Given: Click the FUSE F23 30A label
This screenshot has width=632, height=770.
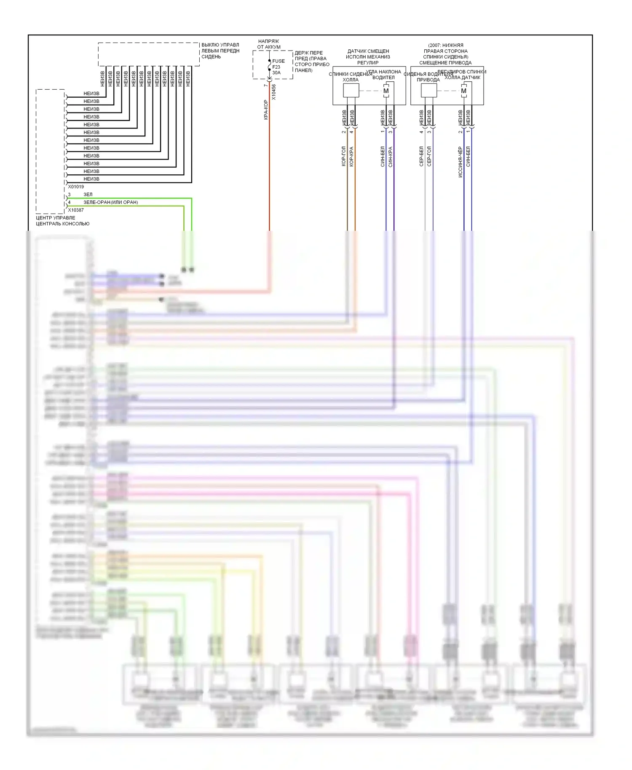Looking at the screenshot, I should (278, 67).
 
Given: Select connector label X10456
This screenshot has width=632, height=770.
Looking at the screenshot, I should (274, 92).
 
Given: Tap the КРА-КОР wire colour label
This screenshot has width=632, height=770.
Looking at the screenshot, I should (266, 110).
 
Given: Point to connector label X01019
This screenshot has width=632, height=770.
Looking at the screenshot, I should (76, 187).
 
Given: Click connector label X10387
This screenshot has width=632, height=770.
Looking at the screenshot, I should (76, 210).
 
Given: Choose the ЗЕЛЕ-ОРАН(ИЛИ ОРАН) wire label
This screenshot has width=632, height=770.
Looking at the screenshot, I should (110, 202).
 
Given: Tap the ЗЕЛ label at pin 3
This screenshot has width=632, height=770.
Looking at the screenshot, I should (88, 195).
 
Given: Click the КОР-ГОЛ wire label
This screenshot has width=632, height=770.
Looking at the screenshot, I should (343, 156).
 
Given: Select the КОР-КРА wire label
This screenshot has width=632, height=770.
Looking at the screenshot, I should (351, 156).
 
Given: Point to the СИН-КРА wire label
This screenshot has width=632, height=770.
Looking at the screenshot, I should (391, 157).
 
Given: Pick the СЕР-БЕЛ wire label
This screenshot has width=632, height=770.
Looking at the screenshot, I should (421, 156).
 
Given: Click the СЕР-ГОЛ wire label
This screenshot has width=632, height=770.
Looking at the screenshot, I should (429, 156).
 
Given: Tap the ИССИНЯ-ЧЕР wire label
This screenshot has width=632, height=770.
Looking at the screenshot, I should (460, 162).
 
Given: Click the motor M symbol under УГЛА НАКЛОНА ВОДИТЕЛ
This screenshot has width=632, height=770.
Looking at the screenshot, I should (386, 91).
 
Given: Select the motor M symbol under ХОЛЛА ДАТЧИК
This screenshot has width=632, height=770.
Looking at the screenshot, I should (464, 91).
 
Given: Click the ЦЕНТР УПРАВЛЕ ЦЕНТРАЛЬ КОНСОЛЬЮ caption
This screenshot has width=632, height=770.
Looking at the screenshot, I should (62, 221).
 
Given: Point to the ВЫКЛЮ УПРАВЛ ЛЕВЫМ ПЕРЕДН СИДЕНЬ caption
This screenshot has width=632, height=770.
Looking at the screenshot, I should (220, 51).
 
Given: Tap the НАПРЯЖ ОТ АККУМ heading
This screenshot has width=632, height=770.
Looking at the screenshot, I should (269, 44).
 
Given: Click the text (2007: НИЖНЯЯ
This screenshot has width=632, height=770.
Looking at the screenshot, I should (445, 45).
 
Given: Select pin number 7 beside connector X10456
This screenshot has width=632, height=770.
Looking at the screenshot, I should (265, 86).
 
